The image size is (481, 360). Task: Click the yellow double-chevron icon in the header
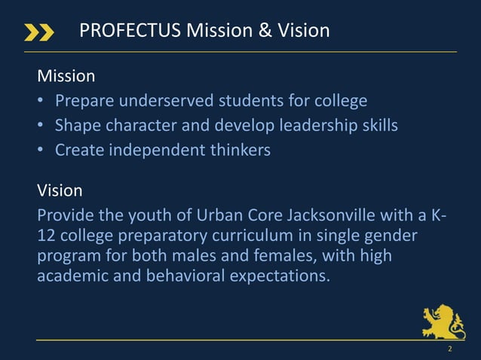click(39, 32)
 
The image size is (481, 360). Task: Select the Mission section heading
click(66, 76)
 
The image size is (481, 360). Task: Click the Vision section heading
click(60, 190)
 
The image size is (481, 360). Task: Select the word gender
click(390, 236)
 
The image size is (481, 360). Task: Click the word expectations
click(280, 276)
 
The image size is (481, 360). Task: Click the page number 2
click(449, 349)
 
